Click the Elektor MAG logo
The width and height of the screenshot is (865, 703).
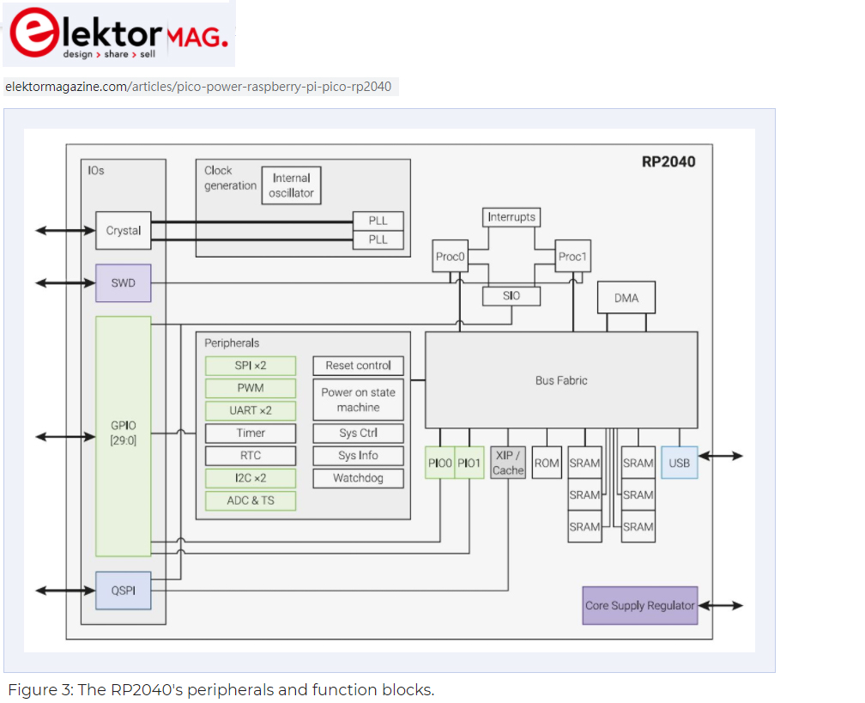(118, 34)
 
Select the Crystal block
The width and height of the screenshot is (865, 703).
(123, 230)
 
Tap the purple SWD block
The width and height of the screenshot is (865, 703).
(123, 283)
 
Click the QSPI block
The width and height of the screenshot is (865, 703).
(123, 591)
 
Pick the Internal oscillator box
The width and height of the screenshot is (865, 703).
(291, 185)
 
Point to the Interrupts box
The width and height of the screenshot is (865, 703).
(511, 217)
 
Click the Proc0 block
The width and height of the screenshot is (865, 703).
(451, 257)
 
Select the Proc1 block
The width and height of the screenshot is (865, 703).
(572, 257)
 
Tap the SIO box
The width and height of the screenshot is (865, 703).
(511, 296)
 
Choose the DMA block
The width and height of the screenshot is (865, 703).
(626, 298)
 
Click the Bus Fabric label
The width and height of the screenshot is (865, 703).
(561, 380)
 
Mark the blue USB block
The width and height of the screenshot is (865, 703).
(679, 463)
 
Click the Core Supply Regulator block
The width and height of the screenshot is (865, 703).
(639, 605)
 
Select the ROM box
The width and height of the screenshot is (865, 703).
(547, 463)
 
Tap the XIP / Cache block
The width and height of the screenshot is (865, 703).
(508, 463)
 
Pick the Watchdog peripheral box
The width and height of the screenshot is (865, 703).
(358, 478)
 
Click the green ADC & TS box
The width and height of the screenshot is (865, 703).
(251, 500)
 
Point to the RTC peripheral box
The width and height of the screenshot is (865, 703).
(251, 456)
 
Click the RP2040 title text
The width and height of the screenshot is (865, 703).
(668, 161)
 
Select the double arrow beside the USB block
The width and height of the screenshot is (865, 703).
(721, 456)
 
